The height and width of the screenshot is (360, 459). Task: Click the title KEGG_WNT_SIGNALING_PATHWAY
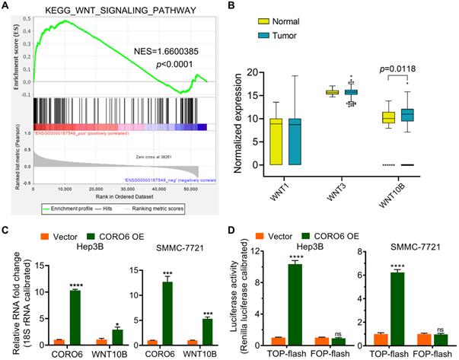click(x=115, y=8)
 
